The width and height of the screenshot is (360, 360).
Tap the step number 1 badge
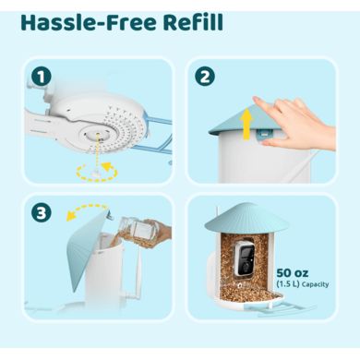(x=42, y=78)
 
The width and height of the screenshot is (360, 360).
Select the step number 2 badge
(x=205, y=77)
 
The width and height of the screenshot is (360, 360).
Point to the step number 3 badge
(x=42, y=212)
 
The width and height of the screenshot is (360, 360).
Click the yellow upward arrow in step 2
(x=246, y=126)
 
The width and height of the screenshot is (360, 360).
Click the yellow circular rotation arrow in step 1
(x=97, y=172)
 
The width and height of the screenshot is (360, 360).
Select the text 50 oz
(x=292, y=272)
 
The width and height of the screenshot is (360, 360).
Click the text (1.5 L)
(x=288, y=283)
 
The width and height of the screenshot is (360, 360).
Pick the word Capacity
(x=315, y=284)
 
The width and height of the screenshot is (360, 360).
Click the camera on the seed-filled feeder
(x=243, y=258)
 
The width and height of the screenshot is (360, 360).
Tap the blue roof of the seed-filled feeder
(x=246, y=218)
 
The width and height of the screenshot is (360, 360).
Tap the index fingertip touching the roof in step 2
(x=258, y=101)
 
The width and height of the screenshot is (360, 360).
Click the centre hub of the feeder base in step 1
(x=97, y=136)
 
